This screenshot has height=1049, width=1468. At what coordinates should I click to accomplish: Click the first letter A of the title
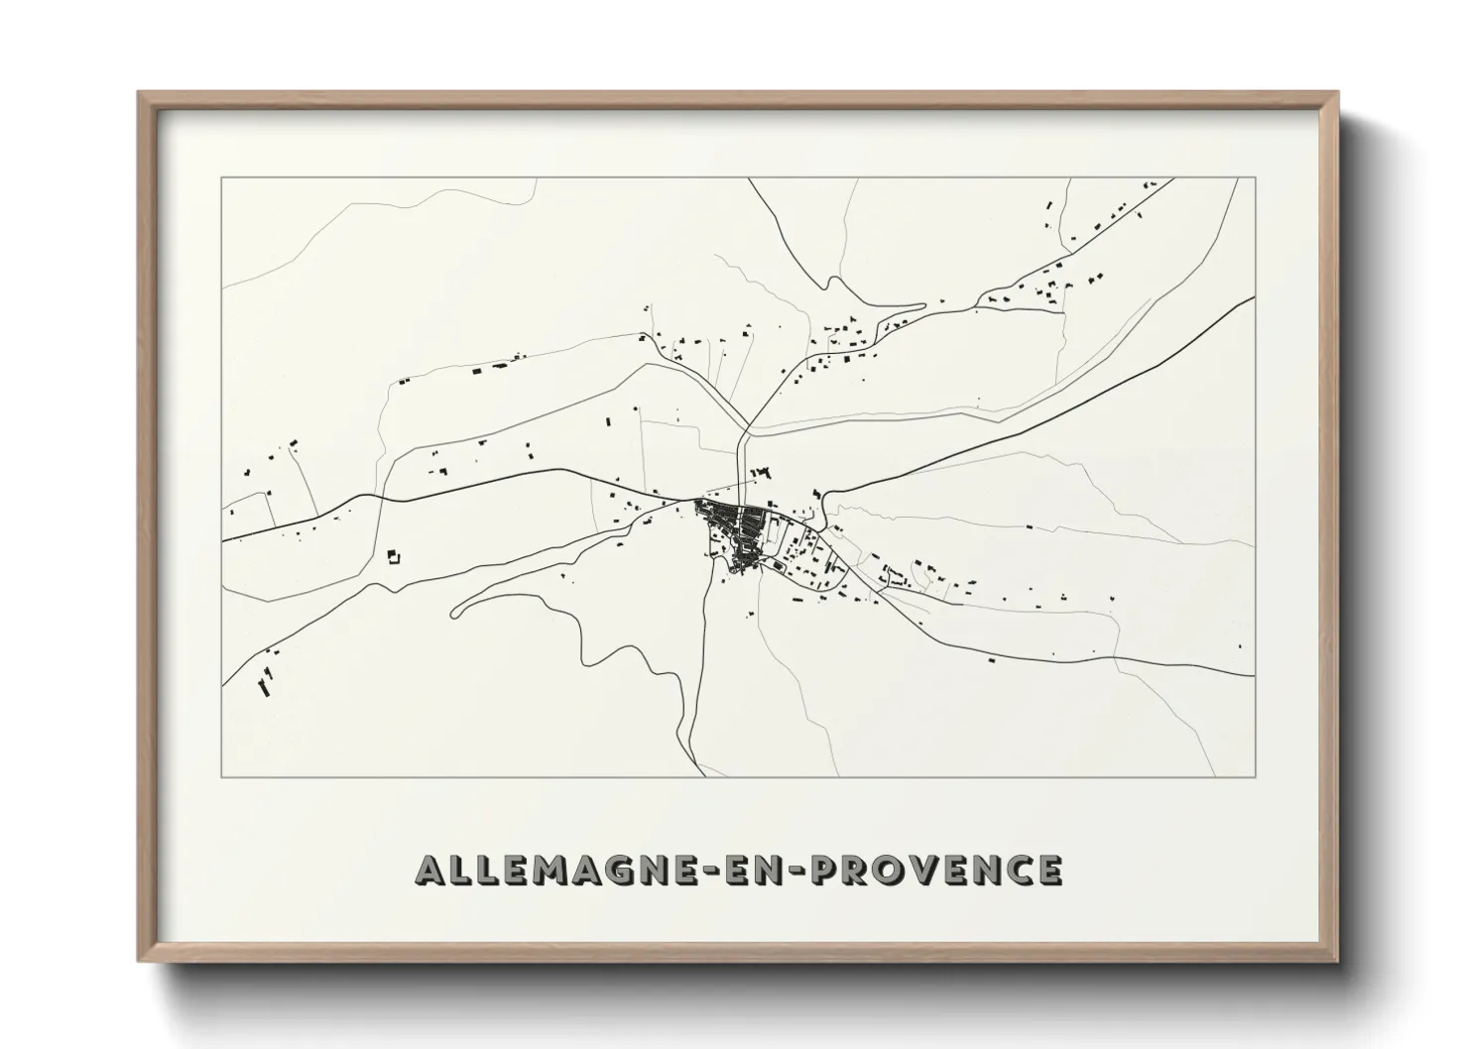(431, 871)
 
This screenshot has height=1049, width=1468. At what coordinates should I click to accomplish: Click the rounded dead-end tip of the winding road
(454, 612)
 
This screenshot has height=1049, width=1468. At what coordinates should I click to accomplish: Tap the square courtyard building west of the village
(394, 556)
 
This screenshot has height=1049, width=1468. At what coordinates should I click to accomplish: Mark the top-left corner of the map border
(221, 178)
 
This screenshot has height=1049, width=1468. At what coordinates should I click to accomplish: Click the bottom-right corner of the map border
(1255, 777)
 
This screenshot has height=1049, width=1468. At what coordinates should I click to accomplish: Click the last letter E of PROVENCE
(1050, 871)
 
